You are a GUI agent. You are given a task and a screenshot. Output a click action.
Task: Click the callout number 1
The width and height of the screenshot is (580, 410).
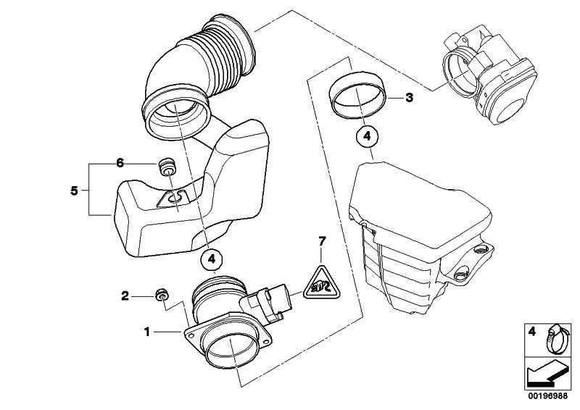point(147,332)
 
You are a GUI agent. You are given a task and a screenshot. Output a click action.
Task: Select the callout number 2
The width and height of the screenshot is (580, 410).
point(125,296)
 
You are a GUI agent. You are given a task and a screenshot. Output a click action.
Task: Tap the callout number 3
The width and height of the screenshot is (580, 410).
point(409,98)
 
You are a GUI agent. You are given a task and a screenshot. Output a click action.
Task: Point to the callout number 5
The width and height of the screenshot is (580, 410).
point(74,191)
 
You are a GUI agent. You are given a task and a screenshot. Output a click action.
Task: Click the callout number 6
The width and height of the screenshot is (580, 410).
point(120,163)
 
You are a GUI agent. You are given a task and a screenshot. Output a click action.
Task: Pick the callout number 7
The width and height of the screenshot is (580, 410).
point(322,241)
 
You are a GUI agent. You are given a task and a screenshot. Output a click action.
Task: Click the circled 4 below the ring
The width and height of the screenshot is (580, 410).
point(366,136)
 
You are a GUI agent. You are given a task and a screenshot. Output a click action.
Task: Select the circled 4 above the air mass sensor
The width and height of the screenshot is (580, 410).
point(211,259)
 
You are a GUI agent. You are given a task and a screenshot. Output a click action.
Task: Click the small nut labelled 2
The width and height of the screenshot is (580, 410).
point(162,294)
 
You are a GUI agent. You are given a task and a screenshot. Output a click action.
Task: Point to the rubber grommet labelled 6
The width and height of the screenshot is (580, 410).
point(167,168)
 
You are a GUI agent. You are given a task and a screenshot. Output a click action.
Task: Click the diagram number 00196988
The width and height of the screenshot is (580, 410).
point(547,396)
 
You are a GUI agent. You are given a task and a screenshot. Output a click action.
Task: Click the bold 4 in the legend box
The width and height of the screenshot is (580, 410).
point(531,331)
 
